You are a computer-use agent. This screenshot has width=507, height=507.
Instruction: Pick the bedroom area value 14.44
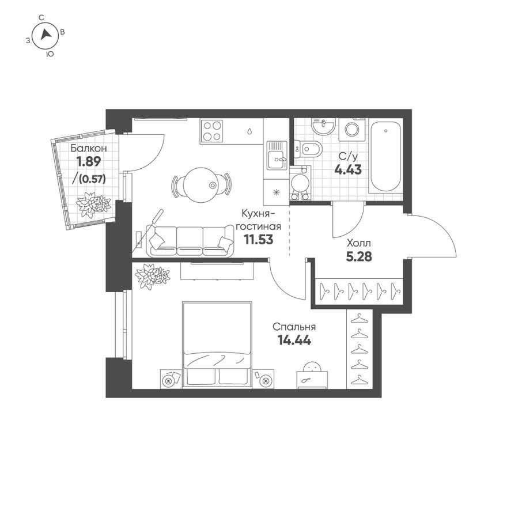click(x=294, y=340)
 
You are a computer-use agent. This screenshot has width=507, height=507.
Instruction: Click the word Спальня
click(x=294, y=327)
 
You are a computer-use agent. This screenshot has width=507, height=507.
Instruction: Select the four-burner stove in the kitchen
click(x=212, y=131)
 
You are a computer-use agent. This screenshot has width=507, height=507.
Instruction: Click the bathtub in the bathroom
click(x=385, y=156)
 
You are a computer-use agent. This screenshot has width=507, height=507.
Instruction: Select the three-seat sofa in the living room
click(x=190, y=240)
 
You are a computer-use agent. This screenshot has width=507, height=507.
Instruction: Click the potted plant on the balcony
click(x=93, y=205)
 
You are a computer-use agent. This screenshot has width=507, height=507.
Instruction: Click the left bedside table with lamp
click(x=170, y=379)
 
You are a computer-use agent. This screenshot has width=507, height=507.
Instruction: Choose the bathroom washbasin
click(x=324, y=126)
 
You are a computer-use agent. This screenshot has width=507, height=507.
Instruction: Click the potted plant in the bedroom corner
click(x=153, y=276)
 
